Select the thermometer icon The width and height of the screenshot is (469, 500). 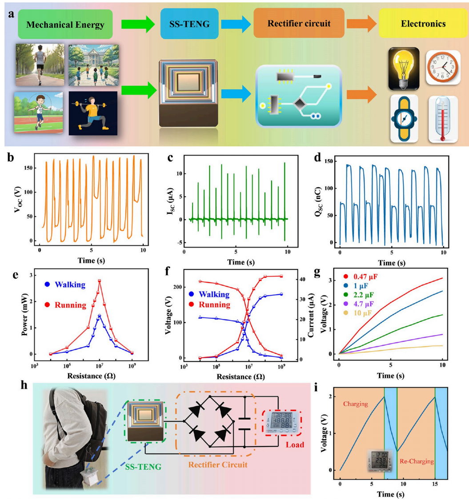443,120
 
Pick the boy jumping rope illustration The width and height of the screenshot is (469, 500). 38,113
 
